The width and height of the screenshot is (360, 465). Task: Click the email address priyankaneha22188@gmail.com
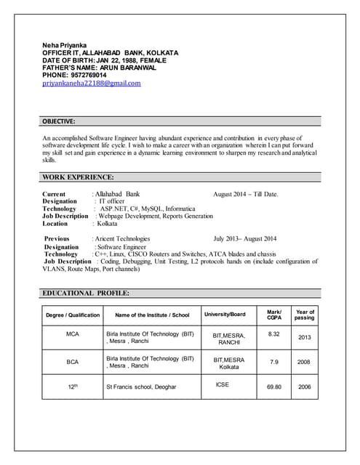[x=92, y=83]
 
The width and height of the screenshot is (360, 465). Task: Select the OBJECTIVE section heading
[x=59, y=121]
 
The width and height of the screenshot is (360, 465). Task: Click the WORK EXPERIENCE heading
[x=78, y=177]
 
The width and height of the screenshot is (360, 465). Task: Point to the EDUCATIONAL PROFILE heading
[x=86, y=293]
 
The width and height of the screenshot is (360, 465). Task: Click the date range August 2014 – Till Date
[x=246, y=195]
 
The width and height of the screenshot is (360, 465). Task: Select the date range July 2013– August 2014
[x=245, y=238]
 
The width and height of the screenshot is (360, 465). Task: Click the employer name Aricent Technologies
[x=122, y=238]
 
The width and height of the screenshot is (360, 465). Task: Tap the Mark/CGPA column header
[x=274, y=315]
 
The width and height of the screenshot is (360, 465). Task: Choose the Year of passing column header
[x=305, y=315]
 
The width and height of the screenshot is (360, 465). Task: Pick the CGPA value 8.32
[x=274, y=334]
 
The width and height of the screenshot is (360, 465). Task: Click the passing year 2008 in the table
[x=305, y=361]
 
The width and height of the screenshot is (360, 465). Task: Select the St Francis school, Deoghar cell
[x=141, y=387]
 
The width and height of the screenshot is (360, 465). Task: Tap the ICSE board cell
[x=223, y=384]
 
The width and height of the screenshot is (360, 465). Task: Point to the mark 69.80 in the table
[x=274, y=387]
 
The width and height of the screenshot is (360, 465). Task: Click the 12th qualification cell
[x=73, y=387]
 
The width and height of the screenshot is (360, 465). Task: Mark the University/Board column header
[x=225, y=315]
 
